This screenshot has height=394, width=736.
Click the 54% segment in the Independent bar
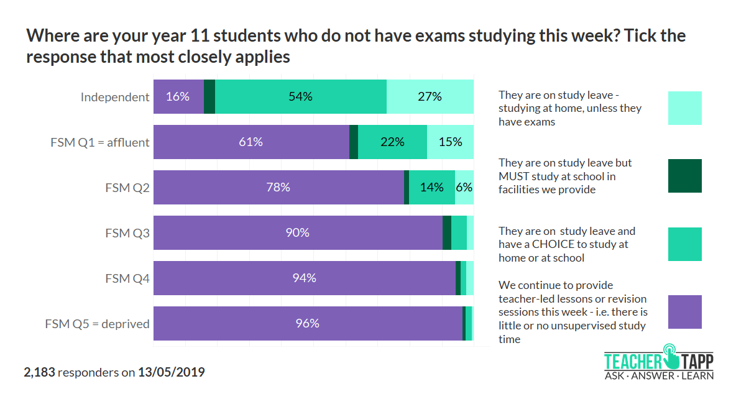301,97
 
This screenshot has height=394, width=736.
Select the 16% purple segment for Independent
178,97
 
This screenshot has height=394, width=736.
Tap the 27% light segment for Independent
430,97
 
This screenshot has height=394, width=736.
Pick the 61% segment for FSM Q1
251,142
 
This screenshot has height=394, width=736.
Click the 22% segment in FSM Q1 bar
392,142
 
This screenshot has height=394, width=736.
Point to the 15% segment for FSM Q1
450,142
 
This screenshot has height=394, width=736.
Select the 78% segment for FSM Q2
278,188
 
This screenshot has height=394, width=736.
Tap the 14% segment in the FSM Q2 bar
431,188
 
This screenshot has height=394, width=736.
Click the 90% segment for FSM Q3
298,233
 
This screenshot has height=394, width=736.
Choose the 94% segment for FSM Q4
305,278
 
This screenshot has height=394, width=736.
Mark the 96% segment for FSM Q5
308,324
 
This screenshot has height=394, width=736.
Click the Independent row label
115,97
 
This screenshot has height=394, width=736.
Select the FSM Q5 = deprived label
98,324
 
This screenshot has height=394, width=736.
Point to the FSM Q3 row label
127,233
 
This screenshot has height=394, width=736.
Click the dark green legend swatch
684,176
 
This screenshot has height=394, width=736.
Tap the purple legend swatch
684,312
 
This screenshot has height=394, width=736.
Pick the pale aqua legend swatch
684,108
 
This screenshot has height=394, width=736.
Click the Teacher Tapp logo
659,362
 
